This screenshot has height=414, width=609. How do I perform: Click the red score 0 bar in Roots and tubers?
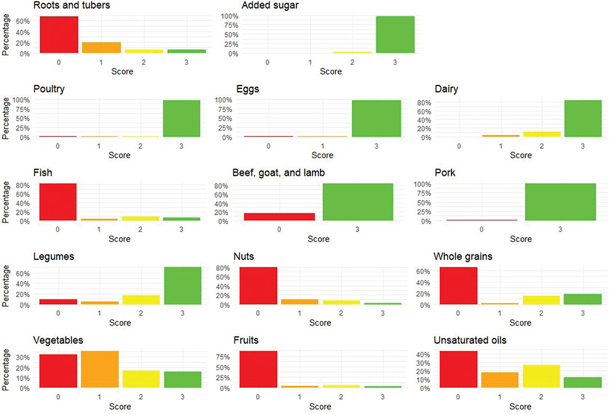coord(59,35)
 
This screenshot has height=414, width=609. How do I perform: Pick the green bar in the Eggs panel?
coord(376,119)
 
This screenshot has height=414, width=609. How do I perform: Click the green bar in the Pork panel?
coord(560,202)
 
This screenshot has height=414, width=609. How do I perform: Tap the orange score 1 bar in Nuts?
coord(300,302)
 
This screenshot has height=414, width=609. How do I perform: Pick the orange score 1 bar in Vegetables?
coord(100,369)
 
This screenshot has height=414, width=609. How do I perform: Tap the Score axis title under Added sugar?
coord(331,72)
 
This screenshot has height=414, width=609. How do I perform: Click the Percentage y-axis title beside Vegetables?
coord(6,369)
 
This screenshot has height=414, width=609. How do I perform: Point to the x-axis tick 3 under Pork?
coord(560,230)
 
